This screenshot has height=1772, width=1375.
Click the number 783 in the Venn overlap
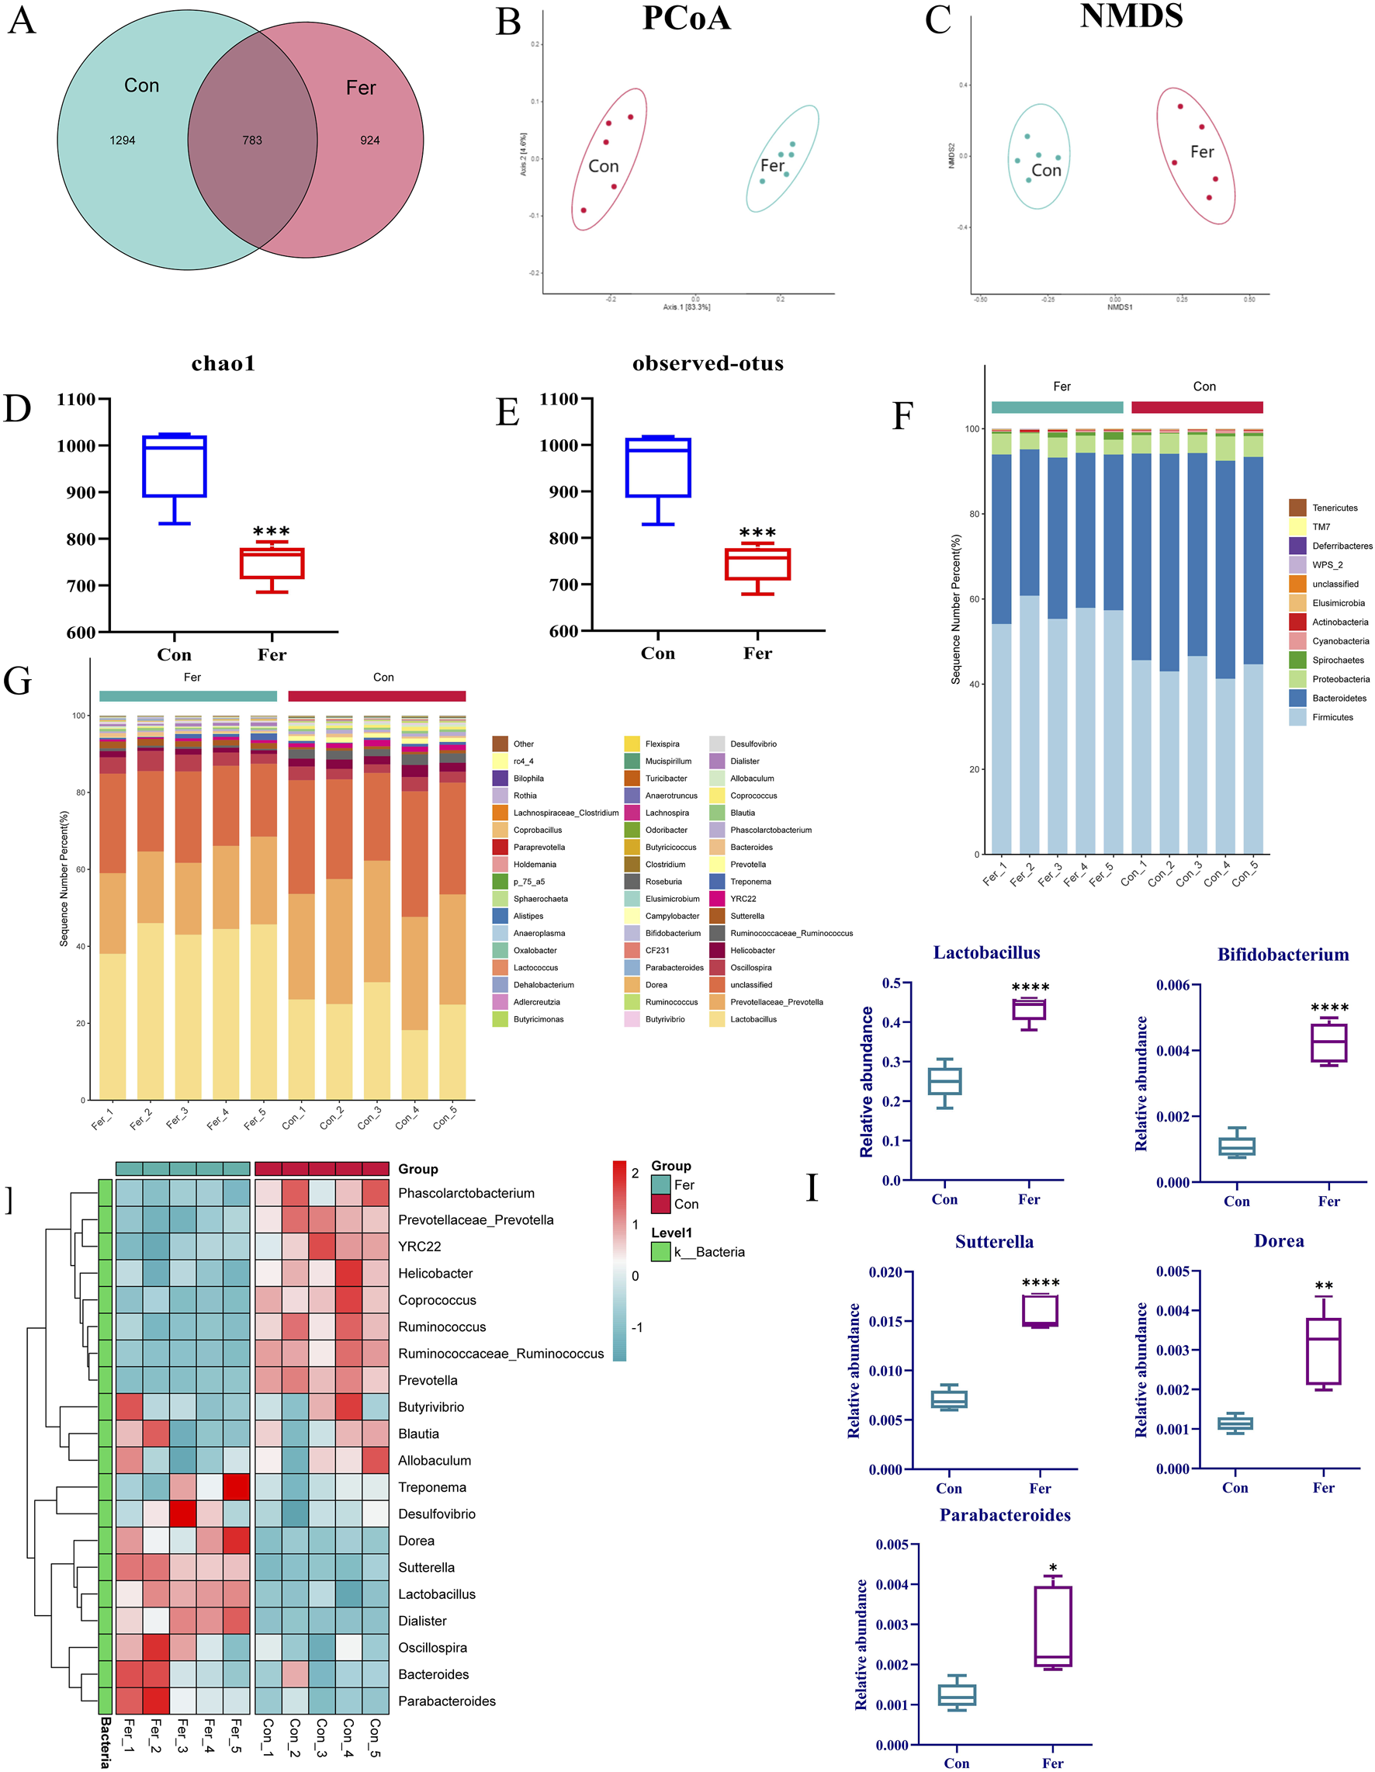coord(252,140)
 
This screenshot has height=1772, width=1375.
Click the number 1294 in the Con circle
coord(123,140)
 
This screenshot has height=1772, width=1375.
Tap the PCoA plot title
coord(686,19)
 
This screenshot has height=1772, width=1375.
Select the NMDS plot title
coord(1131,16)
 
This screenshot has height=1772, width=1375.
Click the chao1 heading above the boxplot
coord(223,363)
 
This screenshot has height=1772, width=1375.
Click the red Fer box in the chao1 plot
coord(272,563)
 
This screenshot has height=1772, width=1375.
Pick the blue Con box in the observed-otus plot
coord(658,467)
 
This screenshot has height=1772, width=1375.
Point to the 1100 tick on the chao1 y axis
coord(77,399)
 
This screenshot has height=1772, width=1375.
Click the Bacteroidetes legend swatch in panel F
coord(1297,698)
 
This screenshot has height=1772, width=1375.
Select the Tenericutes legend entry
coord(1335,508)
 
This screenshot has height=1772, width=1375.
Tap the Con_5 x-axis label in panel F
coord(1246,873)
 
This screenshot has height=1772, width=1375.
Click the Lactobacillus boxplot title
coord(986,952)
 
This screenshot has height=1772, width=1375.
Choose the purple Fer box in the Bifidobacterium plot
coord(1328,1042)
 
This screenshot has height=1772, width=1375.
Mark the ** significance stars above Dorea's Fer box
coord(1324,1287)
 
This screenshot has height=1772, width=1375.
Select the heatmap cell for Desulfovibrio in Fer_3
coord(183,1514)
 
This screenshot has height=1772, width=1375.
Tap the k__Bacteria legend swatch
coord(661,1252)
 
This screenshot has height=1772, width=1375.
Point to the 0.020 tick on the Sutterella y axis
coord(886,1272)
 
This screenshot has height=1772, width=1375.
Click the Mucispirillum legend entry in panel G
coord(667,761)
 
